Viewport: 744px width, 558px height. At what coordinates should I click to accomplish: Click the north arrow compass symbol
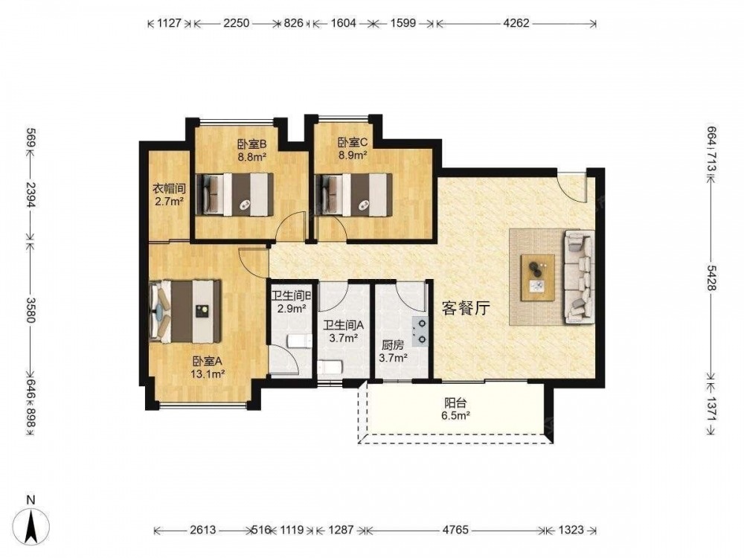(31, 526)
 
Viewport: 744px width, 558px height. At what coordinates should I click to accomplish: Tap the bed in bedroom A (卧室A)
(185, 311)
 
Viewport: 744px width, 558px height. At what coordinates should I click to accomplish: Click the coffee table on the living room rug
(538, 278)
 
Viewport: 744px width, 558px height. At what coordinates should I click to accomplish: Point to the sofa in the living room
(578, 277)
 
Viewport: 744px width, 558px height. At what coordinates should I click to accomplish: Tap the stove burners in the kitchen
(420, 331)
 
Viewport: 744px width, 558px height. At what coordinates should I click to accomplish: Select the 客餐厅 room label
(466, 309)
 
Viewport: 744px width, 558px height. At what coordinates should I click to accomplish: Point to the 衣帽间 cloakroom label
(169, 189)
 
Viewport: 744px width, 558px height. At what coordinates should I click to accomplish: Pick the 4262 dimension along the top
(516, 23)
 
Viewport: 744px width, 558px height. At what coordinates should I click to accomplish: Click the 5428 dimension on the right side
(711, 278)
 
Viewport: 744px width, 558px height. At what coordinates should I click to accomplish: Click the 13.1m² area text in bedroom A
(208, 374)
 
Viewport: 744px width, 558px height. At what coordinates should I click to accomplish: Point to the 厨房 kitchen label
(393, 347)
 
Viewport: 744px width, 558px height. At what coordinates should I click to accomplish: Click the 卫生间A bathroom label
(343, 326)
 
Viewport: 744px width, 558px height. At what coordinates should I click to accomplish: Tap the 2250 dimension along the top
(237, 23)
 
